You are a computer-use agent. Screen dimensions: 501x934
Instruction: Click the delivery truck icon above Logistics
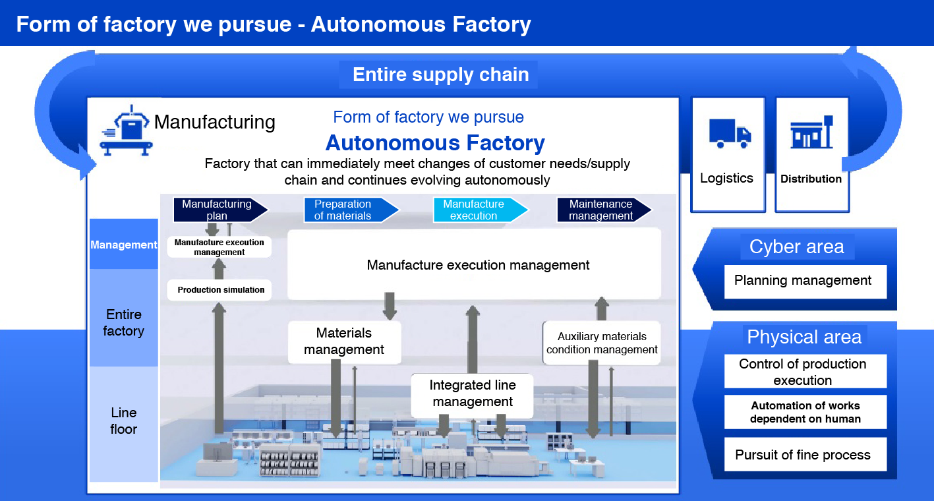click(x=729, y=133)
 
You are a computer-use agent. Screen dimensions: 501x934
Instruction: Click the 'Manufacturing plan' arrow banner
click(x=219, y=210)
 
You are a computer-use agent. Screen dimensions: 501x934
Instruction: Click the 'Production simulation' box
click(x=220, y=290)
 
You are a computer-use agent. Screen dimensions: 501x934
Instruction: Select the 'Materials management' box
click(x=344, y=342)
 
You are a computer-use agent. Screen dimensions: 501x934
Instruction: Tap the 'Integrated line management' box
click(x=472, y=394)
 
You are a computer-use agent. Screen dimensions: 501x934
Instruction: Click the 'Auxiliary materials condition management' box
click(x=601, y=343)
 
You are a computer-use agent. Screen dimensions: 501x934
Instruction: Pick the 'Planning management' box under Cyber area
click(x=804, y=281)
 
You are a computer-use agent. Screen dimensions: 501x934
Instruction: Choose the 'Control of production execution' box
click(x=804, y=372)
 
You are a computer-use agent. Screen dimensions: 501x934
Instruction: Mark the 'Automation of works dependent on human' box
click(x=805, y=412)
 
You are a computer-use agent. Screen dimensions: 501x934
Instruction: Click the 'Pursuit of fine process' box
click(x=804, y=455)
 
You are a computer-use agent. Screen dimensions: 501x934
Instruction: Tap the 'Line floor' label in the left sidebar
click(x=124, y=421)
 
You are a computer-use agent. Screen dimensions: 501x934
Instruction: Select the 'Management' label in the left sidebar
click(x=124, y=245)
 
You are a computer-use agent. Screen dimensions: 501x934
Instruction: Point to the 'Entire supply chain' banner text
click(x=440, y=74)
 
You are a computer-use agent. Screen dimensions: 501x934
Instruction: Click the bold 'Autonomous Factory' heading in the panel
click(x=435, y=143)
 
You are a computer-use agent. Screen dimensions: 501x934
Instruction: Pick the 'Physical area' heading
click(x=804, y=337)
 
